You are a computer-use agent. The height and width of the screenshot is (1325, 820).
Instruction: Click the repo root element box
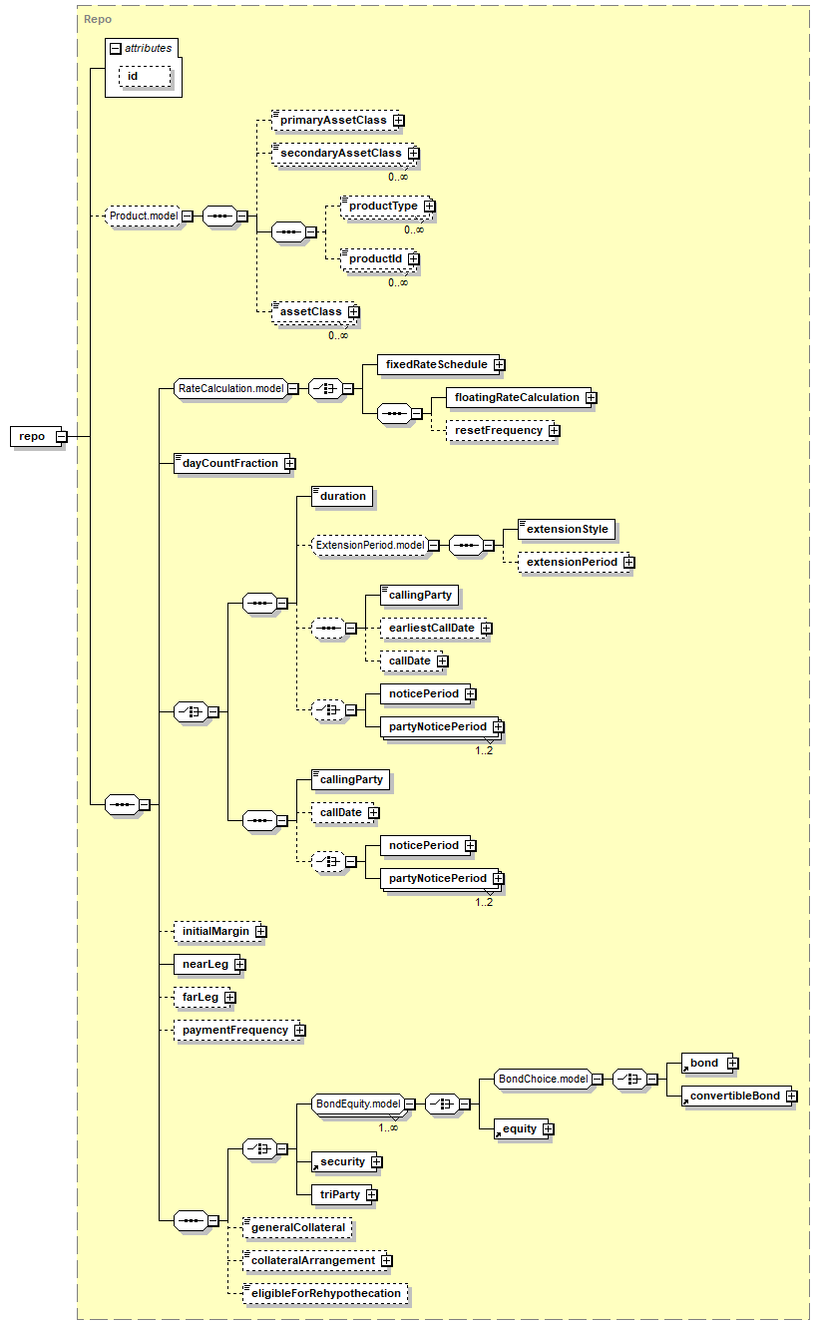pos(37,437)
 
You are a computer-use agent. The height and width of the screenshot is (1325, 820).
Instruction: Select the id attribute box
pos(145,76)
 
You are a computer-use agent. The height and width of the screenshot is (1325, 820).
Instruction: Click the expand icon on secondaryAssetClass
pos(414,154)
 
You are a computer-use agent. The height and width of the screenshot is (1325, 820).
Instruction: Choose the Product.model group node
pos(144,216)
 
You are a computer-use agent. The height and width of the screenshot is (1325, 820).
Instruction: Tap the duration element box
pos(343,496)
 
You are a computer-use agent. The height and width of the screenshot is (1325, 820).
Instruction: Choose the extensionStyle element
pos(567,530)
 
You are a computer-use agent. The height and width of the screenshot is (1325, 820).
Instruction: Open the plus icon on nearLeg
pos(240,965)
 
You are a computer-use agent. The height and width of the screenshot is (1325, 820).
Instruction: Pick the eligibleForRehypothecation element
pos(326,1294)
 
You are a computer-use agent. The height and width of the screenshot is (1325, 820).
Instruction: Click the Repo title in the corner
pos(98,20)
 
